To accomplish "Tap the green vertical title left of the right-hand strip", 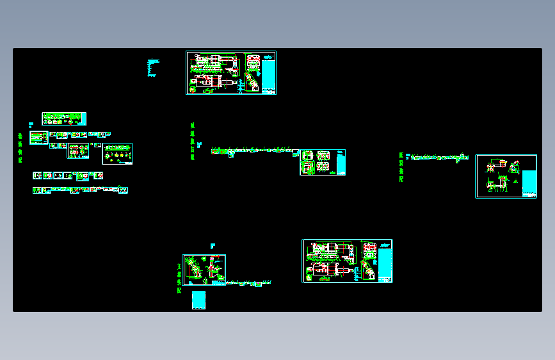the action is click(401, 167).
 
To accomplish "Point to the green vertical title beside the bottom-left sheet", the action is click(179, 277).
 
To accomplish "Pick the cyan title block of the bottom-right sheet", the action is click(385, 262).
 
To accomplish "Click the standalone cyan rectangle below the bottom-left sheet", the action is click(198, 300).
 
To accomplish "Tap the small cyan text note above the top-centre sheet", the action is click(152, 68).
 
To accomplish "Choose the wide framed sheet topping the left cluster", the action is click(64, 119).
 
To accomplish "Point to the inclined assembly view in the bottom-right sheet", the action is click(369, 271).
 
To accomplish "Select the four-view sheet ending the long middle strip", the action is click(323, 162).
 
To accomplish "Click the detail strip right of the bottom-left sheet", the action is click(250, 282).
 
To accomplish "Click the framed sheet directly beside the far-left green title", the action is click(38, 138).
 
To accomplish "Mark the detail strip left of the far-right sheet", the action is click(439, 157).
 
